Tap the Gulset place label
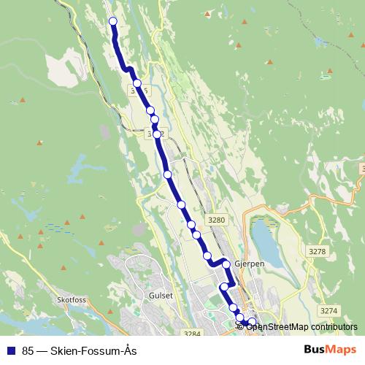click(161, 295)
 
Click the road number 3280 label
click(217, 220)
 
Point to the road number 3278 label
click(318, 251)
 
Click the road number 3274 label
click(330, 310)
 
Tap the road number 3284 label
click(192, 334)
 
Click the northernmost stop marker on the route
click(113, 21)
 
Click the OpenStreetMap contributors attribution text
click(301, 327)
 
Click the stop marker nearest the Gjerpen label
click(227, 264)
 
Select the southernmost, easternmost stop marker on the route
click(253, 322)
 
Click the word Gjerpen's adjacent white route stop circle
click(227, 264)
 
